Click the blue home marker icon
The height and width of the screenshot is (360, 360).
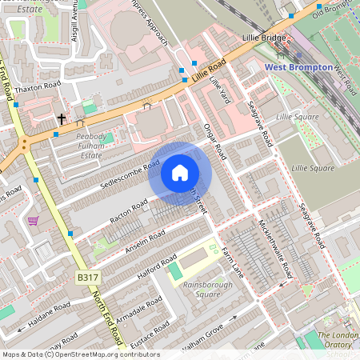point(180,173)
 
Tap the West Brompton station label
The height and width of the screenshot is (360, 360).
point(298,67)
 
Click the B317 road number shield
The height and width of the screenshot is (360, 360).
point(88,277)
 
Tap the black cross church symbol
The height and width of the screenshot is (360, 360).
point(61,118)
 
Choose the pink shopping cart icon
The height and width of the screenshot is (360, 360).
point(33,220)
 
